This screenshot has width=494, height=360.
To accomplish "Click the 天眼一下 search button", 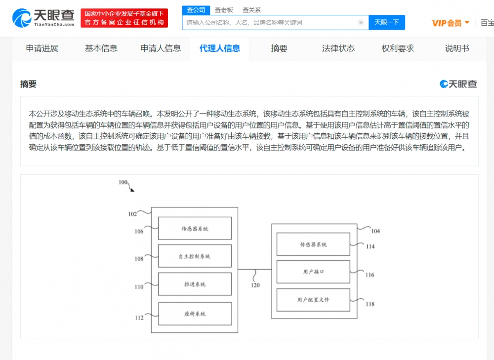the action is [387, 22].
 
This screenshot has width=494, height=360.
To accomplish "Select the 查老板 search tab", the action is [224, 10].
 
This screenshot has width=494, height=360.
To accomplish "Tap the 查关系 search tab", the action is [251, 10].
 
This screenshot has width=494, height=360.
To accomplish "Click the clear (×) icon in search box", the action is [361, 22].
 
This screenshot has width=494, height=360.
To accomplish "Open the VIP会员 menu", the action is [451, 23].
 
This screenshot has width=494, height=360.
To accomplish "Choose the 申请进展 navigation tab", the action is [42, 48].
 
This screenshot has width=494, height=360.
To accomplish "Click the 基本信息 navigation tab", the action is [101, 48].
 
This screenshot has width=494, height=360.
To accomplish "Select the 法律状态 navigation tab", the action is [338, 48].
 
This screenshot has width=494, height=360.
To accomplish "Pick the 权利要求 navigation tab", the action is [398, 48].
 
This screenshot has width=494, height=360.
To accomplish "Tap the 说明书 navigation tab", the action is [457, 48].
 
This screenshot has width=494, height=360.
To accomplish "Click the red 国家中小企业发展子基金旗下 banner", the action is [124, 18].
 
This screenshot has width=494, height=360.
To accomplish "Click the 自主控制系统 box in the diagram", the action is [195, 256].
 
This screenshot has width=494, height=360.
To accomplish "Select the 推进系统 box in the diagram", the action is [195, 284].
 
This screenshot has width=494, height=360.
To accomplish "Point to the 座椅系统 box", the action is [195, 314].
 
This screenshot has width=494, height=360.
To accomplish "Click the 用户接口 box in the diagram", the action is [313, 272].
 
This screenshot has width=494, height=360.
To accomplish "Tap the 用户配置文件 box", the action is [313, 300].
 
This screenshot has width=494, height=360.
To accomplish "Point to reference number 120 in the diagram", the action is [255, 285].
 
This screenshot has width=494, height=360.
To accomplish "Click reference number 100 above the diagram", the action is [123, 182].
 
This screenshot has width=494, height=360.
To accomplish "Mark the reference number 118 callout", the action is [370, 304].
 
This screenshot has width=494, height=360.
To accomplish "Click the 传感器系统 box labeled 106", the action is [195, 228].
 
